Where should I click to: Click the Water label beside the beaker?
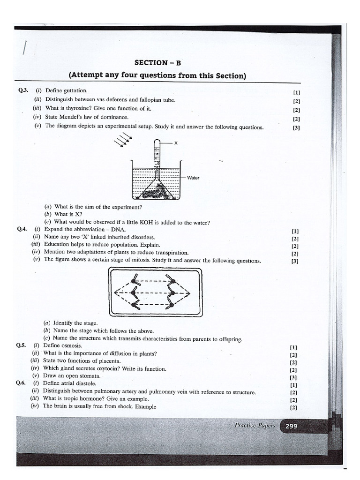coord(193,178)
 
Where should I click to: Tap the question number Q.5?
coord(21,345)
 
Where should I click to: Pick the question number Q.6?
coord(20,383)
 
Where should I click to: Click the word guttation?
coord(75,90)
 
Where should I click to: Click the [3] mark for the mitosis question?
coord(295,262)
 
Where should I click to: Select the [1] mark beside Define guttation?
coord(296,92)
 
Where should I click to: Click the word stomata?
coord(88,376)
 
